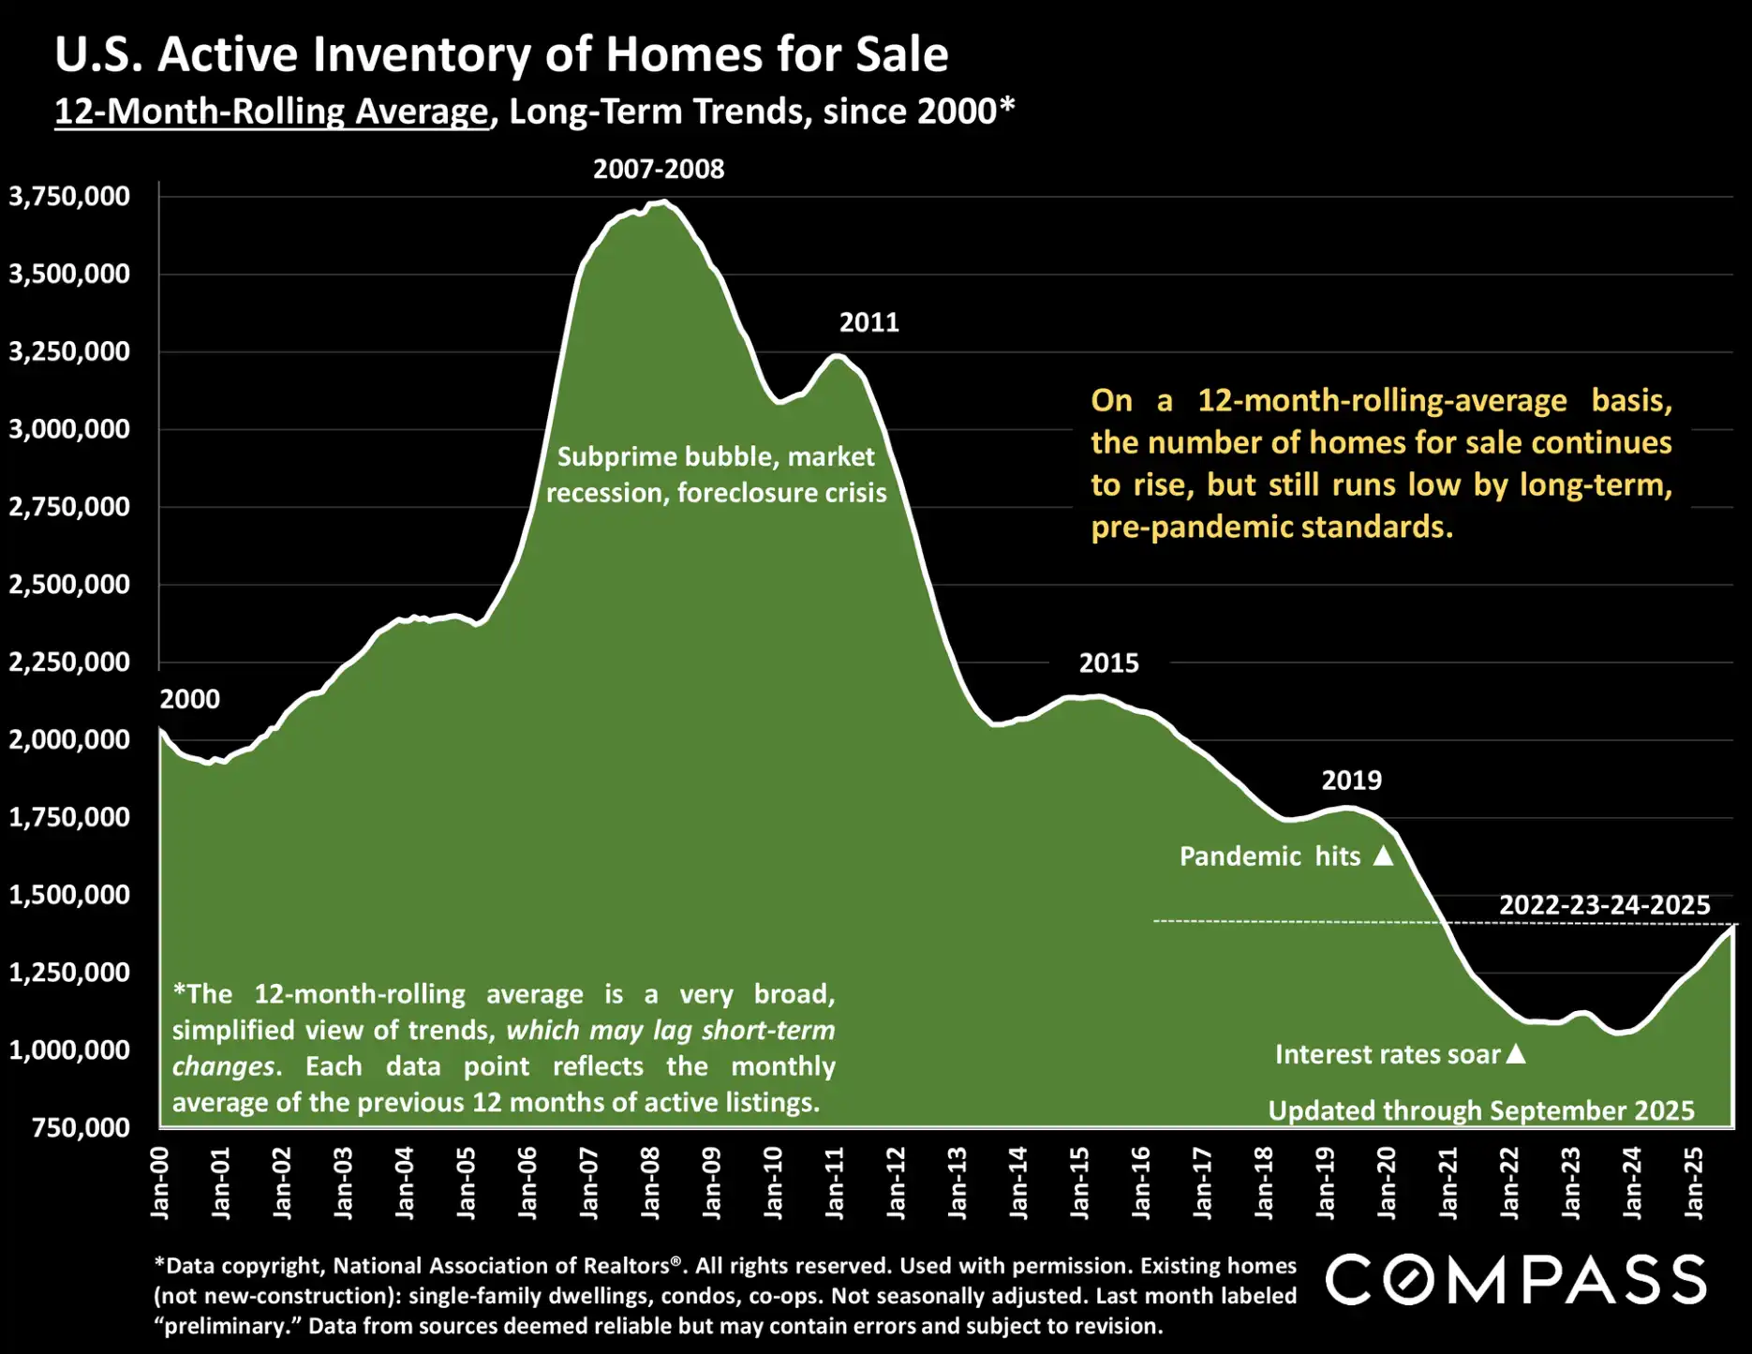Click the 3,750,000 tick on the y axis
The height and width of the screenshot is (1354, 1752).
click(69, 197)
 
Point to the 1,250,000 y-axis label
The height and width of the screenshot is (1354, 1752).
click(69, 973)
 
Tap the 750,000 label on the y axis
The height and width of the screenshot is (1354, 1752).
click(81, 1127)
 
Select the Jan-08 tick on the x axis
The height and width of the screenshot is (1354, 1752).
click(650, 1183)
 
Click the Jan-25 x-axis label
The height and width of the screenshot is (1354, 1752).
click(1693, 1183)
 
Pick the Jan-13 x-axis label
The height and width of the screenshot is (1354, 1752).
click(957, 1183)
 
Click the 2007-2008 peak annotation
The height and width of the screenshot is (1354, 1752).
click(659, 169)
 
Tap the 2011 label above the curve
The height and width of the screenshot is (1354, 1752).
click(869, 322)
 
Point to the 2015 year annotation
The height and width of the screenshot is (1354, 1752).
click(1108, 663)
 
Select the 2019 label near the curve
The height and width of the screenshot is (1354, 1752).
click(1351, 781)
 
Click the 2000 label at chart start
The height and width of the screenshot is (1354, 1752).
click(189, 699)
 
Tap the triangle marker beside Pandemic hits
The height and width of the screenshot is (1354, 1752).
click(1383, 856)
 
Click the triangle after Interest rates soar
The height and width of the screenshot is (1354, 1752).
click(1515, 1054)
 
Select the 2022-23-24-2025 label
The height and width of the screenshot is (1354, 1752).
click(1604, 905)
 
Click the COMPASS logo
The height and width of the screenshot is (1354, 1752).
click(1515, 1280)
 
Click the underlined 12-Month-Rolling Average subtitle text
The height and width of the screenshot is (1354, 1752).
click(272, 112)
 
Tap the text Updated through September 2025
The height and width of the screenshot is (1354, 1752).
click(1480, 1110)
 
